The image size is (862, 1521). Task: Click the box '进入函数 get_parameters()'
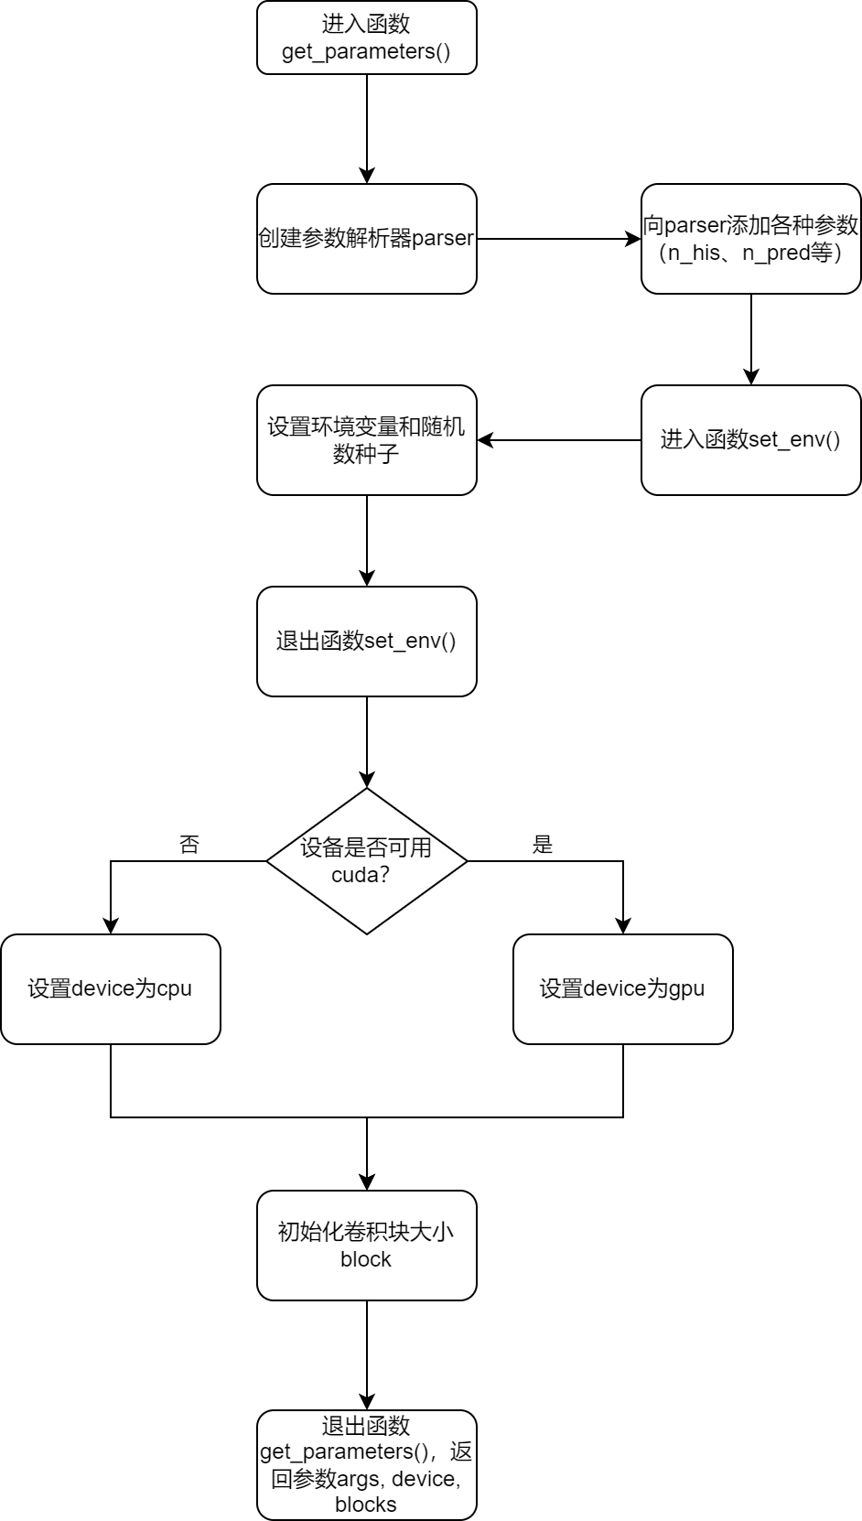[366, 38]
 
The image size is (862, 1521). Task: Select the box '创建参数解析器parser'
[366, 239]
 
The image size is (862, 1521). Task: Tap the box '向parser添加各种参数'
[750, 239]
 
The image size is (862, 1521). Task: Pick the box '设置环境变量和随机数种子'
[366, 440]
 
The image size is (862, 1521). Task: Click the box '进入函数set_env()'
[750, 440]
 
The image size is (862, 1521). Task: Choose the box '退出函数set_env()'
[366, 642]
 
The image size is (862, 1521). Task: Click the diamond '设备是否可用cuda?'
[366, 861]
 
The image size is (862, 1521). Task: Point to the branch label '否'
[189, 845]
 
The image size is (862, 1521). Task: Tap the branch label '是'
[543, 845]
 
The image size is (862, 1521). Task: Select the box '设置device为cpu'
[110, 989]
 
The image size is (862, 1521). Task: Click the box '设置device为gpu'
[622, 989]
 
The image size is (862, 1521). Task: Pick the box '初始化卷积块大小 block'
[366, 1246]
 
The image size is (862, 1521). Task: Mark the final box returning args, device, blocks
[366, 1465]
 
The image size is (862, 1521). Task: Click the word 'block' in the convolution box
[366, 1259]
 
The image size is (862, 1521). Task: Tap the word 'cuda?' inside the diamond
[361, 875]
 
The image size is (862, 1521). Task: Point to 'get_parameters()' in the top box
[366, 51]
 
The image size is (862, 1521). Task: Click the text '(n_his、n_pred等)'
[750, 253]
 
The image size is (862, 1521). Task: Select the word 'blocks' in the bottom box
[366, 1505]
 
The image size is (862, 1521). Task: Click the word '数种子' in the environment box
[366, 454]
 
